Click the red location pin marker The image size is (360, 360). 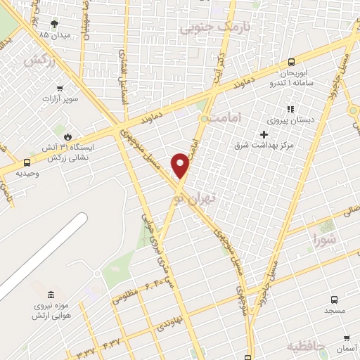tap(181, 165)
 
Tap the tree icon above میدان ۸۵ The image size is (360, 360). tap(55, 24)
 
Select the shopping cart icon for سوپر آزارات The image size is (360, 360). tap(60, 89)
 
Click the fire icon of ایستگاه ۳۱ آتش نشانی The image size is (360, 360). tap(67, 136)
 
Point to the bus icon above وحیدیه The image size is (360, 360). tap(27, 162)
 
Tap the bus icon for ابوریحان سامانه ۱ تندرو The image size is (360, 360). tap(292, 62)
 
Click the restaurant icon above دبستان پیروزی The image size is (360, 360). tap(289, 109)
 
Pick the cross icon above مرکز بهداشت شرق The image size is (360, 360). tap(264, 134)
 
